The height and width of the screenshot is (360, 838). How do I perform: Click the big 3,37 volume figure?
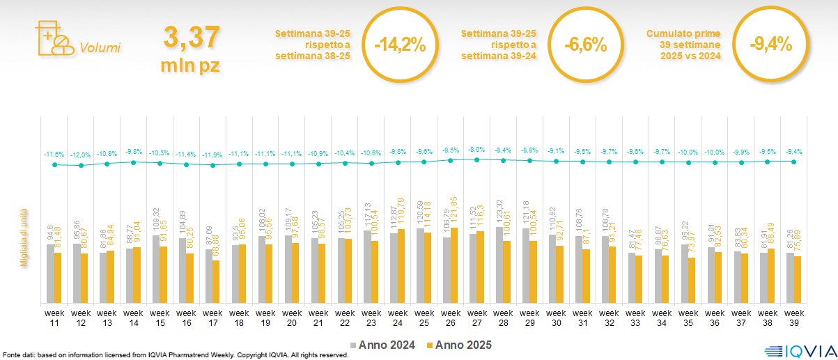(192, 38)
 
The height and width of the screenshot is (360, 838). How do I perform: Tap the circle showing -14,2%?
(399, 45)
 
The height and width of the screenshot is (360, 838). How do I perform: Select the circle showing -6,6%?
(585, 45)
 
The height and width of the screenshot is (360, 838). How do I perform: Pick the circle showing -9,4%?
(770, 45)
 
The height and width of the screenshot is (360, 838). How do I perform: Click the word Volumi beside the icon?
(100, 48)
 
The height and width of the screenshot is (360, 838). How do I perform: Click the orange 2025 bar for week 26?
(455, 265)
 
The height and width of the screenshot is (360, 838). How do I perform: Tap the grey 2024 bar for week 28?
(499, 265)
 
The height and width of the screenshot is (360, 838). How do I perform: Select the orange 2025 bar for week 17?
(216, 281)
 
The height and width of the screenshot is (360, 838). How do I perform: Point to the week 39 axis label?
(793, 318)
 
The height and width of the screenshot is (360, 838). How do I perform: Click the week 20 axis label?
(291, 318)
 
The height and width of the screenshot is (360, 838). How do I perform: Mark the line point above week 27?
(476, 159)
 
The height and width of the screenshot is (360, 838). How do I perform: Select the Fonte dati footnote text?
(174, 355)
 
